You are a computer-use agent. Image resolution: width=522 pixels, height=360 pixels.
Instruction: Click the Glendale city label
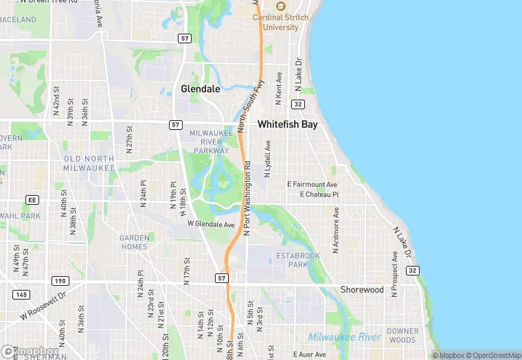click(201, 89)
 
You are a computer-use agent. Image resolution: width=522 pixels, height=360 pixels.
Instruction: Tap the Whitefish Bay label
click(287, 125)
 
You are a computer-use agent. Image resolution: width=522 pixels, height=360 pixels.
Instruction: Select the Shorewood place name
click(362, 290)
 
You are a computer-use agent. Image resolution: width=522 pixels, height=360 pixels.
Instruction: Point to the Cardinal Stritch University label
click(282, 23)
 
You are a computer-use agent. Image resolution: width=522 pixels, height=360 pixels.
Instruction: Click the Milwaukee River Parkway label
click(210, 141)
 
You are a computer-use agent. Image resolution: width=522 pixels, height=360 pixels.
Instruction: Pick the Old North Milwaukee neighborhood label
click(89, 164)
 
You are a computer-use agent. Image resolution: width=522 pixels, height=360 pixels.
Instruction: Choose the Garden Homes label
click(134, 242)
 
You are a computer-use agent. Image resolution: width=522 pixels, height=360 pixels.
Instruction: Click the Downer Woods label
click(402, 336)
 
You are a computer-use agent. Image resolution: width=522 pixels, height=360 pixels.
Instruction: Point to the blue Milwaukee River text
click(344, 337)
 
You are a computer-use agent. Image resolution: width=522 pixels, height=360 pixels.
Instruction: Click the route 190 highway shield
click(60, 280)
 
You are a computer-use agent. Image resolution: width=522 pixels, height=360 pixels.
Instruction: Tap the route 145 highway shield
click(21, 294)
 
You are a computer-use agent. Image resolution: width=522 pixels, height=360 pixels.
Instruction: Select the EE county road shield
click(31, 199)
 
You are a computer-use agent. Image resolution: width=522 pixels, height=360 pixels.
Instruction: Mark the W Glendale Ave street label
click(212, 224)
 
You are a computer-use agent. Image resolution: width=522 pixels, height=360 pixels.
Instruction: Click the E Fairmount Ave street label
click(313, 185)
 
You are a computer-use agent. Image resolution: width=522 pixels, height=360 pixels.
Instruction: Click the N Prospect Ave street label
click(394, 273)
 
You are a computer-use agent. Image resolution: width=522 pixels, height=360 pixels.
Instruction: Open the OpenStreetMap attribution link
click(492, 355)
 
